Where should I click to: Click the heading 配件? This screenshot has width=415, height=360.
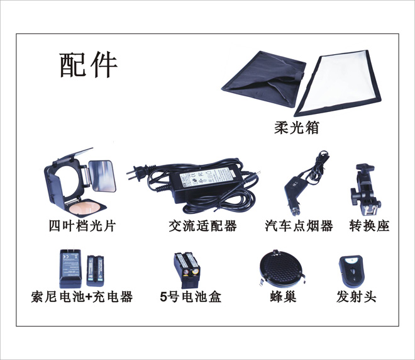(89, 65)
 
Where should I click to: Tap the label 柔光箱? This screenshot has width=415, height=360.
(296, 128)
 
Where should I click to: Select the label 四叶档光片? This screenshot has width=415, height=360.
(82, 226)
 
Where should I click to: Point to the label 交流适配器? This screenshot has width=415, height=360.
(202, 226)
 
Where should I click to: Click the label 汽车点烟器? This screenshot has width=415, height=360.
(299, 226)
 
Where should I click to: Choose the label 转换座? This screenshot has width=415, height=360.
(369, 226)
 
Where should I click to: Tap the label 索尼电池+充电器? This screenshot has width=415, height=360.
(82, 296)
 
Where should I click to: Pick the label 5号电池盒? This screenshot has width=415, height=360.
(191, 296)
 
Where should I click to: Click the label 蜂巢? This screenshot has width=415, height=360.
(283, 296)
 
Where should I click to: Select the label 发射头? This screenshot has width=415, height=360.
(357, 296)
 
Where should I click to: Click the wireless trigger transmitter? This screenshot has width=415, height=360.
(351, 271)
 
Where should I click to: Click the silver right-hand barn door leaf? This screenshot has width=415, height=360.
(102, 176)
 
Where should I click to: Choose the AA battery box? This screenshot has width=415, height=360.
(187, 270)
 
